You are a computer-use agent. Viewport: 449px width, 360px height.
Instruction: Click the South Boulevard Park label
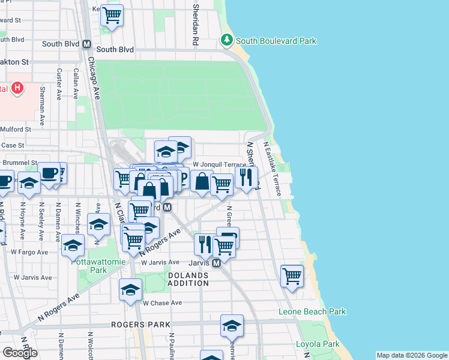tap(276, 41)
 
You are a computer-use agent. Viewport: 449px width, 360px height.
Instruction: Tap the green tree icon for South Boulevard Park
tap(227, 40)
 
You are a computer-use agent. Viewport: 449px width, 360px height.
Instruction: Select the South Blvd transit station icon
tap(87, 44)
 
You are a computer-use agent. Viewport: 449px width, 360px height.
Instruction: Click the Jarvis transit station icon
tap(217, 263)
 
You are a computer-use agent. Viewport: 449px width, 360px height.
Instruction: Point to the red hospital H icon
tap(17, 89)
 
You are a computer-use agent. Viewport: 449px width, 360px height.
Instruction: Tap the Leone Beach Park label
tap(312, 311)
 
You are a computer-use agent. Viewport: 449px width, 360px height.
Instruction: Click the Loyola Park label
tap(318, 344)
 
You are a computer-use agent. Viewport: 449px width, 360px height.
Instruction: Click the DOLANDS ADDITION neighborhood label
tap(188, 279)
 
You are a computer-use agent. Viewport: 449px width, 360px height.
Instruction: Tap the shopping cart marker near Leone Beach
tap(292, 276)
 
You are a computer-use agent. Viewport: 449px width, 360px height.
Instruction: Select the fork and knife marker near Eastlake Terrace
tap(246, 177)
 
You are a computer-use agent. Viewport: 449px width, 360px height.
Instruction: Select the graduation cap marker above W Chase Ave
tap(130, 290)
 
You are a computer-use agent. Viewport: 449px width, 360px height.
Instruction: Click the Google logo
tap(20, 353)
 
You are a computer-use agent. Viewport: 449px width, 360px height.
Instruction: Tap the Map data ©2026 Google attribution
tap(411, 355)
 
